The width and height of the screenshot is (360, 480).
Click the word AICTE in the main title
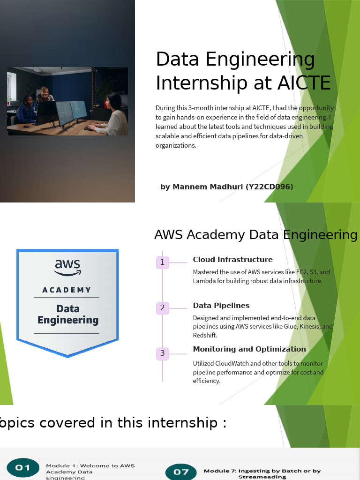coord(304,82)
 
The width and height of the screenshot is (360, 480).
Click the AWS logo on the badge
coord(68,268)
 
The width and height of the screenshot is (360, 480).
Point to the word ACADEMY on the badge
coord(67,290)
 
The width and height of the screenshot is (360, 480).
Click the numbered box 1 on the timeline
coord(162,262)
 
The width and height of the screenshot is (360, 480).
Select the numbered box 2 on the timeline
coord(162,308)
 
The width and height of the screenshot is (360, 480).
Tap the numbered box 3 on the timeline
coord(162,353)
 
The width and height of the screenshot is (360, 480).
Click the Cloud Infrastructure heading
coord(232,260)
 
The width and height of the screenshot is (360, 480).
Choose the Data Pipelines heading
coord(221,306)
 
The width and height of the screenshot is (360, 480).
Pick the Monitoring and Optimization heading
coord(249,349)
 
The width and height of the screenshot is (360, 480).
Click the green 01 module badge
coord(22,467)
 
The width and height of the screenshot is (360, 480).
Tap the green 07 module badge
coord(180,472)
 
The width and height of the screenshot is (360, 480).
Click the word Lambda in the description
coord(203,281)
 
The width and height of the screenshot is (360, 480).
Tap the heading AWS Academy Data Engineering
coord(256,235)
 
